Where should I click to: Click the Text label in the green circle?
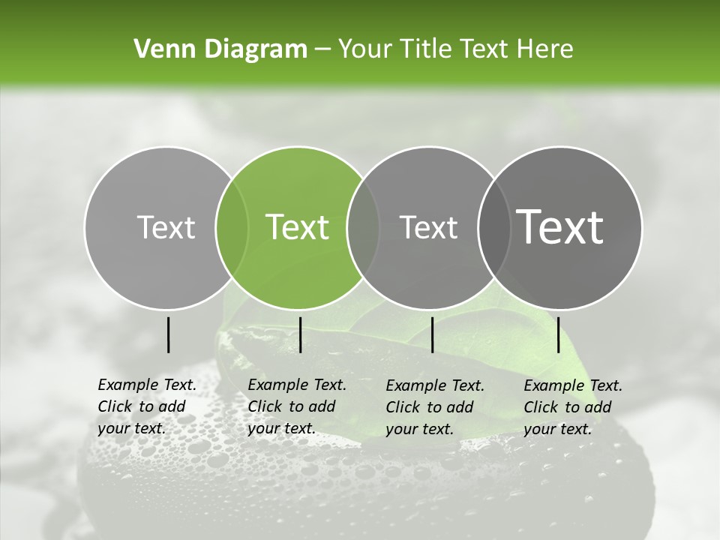pos(298,227)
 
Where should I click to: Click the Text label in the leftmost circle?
pos(166,227)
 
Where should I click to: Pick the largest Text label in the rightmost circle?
pos(560,227)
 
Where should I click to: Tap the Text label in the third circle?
pos(429,227)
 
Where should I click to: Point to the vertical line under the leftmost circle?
pos(168,334)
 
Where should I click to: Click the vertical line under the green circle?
pos(300,334)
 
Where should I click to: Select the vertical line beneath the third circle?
pos(432,334)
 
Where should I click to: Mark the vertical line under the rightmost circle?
pos(558,334)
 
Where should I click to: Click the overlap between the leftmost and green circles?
pos(232,227)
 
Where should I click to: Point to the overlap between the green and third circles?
pos(363,227)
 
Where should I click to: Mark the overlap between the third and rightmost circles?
pos(491,227)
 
